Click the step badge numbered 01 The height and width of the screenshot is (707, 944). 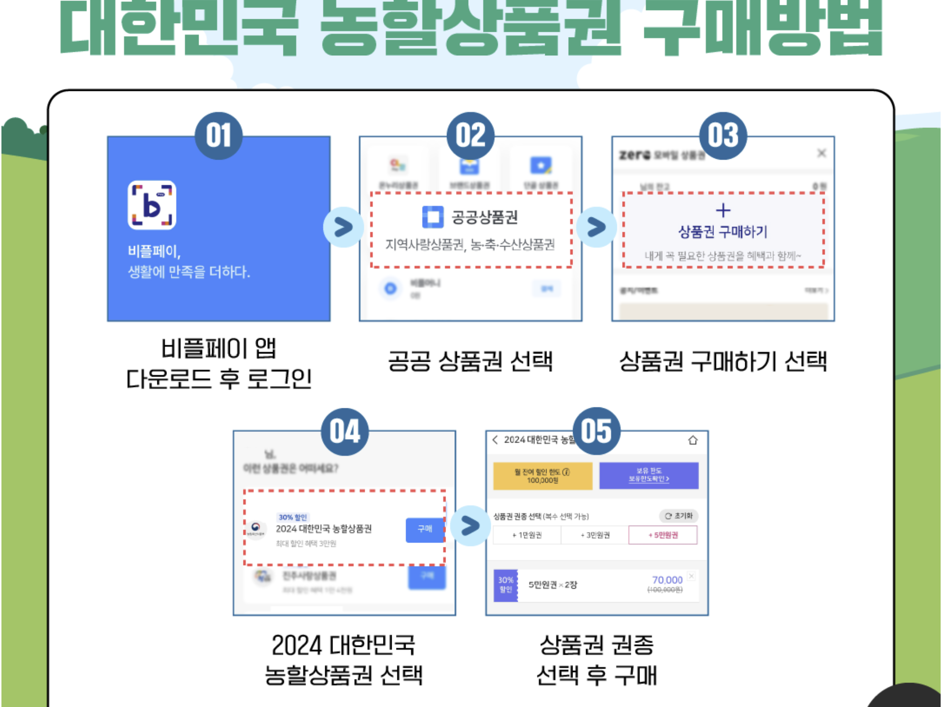click(218, 135)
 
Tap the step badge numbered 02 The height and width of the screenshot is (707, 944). click(471, 135)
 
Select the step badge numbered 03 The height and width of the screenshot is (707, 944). click(723, 135)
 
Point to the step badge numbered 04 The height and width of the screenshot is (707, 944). click(344, 431)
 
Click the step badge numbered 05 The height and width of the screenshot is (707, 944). click(597, 430)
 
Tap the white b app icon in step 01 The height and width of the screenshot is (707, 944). click(152, 205)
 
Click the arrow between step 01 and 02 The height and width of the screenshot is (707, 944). click(344, 227)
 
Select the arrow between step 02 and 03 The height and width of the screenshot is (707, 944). click(596, 227)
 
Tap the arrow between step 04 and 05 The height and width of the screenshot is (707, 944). click(470, 525)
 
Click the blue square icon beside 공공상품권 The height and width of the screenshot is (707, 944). click(433, 216)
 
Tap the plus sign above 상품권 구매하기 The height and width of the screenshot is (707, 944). click(723, 210)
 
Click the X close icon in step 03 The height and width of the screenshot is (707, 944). click(821, 153)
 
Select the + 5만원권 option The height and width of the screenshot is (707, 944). click(663, 535)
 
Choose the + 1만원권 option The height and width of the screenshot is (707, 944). click(527, 535)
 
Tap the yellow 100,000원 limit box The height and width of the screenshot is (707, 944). click(542, 476)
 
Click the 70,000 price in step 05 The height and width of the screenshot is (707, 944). click(667, 580)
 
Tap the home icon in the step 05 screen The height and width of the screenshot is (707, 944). click(692, 440)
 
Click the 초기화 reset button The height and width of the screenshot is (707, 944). click(678, 516)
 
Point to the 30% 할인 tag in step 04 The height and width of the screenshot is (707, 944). click(293, 517)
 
